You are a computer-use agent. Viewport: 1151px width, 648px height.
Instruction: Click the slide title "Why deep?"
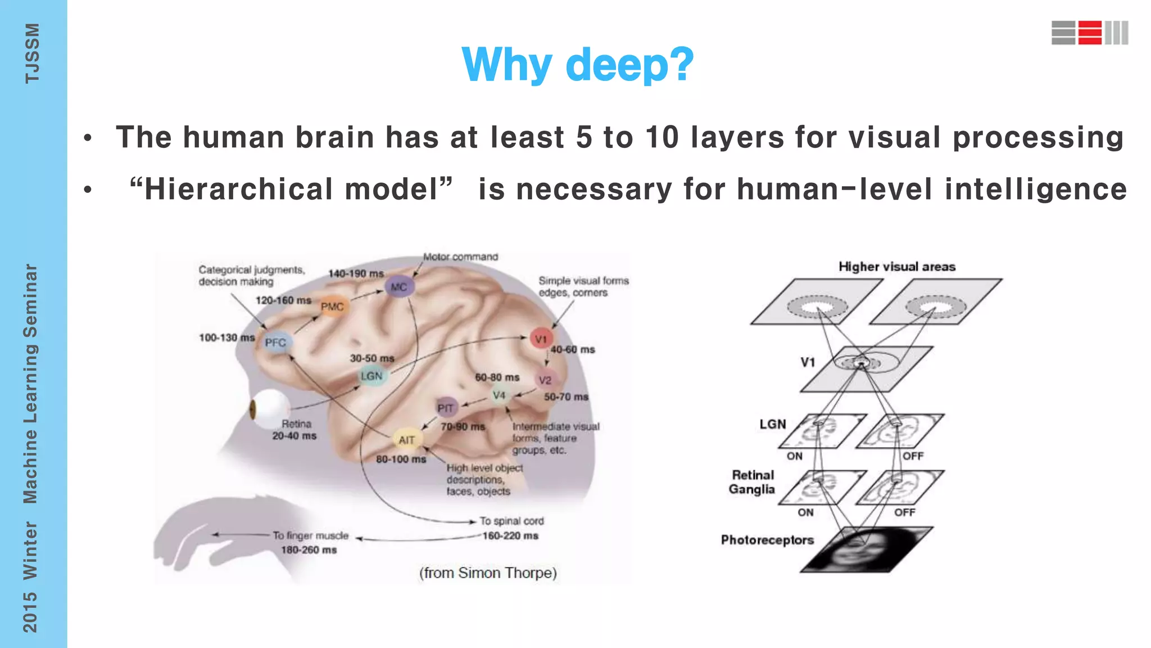pyautogui.click(x=577, y=65)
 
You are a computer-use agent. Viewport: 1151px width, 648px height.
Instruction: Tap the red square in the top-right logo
pyautogui.click(x=1090, y=33)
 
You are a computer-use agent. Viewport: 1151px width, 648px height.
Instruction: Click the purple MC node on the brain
pyautogui.click(x=399, y=287)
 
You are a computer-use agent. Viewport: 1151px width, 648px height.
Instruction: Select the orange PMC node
pyautogui.click(x=332, y=307)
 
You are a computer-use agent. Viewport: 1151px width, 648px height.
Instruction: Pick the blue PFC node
pyautogui.click(x=275, y=343)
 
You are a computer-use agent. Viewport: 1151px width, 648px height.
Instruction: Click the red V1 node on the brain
pyautogui.click(x=541, y=339)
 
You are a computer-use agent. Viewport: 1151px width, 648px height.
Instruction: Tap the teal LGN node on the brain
pyautogui.click(x=371, y=376)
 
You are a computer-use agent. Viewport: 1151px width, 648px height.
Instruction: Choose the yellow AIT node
pyautogui.click(x=406, y=440)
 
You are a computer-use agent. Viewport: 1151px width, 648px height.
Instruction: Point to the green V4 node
pyautogui.click(x=499, y=395)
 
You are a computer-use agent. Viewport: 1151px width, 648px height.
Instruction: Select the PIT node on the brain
pyautogui.click(x=446, y=408)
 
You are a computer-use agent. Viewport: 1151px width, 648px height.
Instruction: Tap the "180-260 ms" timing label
pyautogui.click(x=309, y=550)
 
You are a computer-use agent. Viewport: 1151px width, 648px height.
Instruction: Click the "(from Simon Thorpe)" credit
pyautogui.click(x=488, y=573)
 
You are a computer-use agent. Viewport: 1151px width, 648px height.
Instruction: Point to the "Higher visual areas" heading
pyautogui.click(x=897, y=267)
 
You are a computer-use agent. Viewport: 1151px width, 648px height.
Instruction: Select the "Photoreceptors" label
pyautogui.click(x=767, y=540)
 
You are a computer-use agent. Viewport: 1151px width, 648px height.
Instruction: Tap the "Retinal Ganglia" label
pyautogui.click(x=752, y=482)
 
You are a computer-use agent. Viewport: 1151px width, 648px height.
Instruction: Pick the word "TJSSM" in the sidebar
pyautogui.click(x=32, y=53)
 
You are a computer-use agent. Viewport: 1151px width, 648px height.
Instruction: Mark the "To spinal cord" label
pyautogui.click(x=511, y=521)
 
